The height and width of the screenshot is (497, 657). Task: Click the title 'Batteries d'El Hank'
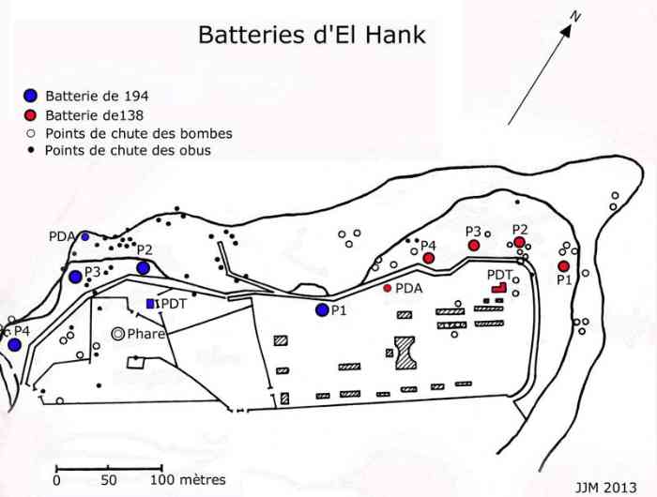click(x=311, y=36)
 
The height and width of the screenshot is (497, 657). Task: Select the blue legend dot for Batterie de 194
click(x=31, y=96)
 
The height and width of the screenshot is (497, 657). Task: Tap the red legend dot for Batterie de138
click(x=31, y=115)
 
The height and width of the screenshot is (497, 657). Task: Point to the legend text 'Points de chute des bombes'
click(x=138, y=133)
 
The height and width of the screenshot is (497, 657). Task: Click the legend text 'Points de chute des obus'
click(x=128, y=150)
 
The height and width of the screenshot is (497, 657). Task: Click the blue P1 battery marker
click(x=322, y=309)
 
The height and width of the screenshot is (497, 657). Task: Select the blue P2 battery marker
click(x=143, y=268)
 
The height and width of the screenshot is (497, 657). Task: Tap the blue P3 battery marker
click(x=75, y=277)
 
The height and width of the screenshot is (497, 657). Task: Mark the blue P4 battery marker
click(x=14, y=345)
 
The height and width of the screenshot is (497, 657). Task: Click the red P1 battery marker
click(x=563, y=266)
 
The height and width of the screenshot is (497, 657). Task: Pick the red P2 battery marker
click(x=519, y=242)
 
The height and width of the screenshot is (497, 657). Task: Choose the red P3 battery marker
click(x=474, y=245)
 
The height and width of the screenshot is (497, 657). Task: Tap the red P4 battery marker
click(x=428, y=258)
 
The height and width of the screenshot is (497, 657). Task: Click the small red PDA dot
click(x=387, y=288)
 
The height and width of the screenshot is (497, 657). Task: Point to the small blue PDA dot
click(x=84, y=236)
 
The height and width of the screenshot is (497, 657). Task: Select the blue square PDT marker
click(x=150, y=303)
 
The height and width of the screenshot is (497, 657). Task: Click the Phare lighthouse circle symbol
click(x=117, y=333)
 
